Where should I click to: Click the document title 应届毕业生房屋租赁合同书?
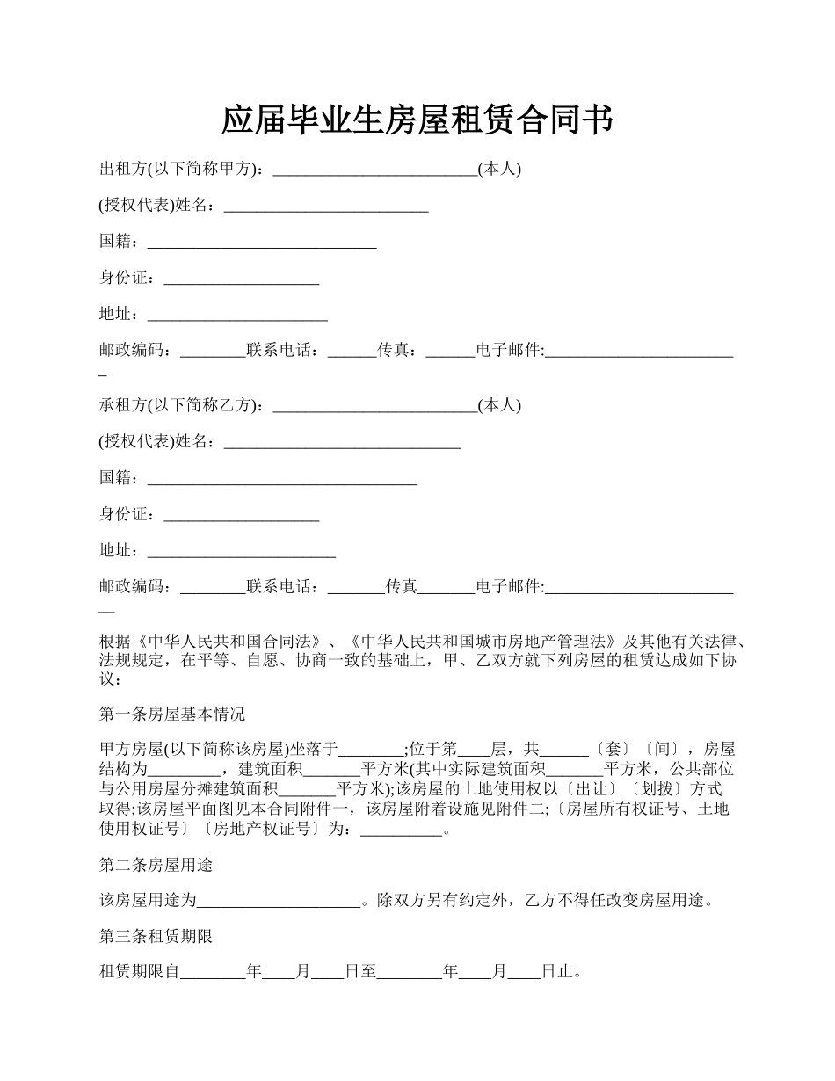[417, 120]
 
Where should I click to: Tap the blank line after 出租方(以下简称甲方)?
[375, 170]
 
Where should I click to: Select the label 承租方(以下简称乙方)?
[179, 405]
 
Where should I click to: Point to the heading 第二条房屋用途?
[156, 866]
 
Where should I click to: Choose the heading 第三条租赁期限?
[156, 937]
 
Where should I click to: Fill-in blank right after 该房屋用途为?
[280, 901]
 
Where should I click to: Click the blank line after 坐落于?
[372, 750]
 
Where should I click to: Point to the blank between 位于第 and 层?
[475, 750]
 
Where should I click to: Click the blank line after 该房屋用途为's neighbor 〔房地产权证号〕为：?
[401, 829]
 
